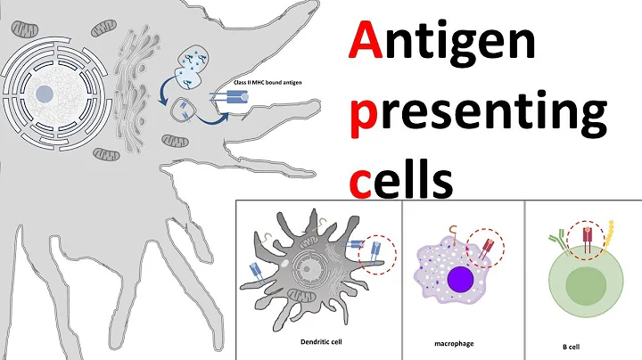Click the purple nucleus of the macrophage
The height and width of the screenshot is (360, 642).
point(458,276)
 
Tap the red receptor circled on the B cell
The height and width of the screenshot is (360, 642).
point(587,236)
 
